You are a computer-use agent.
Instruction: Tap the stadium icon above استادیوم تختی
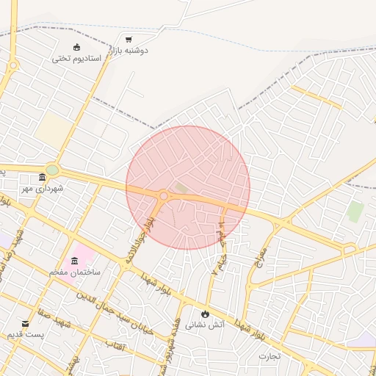click(76, 47)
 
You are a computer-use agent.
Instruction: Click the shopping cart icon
click(129, 39)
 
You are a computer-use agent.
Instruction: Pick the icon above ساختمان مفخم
click(75, 261)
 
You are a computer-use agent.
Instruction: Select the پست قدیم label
click(26, 335)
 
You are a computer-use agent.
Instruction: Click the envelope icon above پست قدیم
click(26, 324)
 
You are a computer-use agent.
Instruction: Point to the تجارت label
click(270, 357)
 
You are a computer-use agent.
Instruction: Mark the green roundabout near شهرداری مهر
click(52, 169)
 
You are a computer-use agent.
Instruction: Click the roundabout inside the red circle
click(164, 196)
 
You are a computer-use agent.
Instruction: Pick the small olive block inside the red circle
click(181, 188)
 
